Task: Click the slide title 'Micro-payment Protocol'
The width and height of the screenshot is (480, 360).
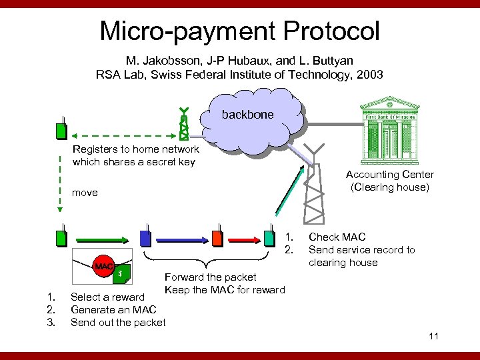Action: pos(239,31)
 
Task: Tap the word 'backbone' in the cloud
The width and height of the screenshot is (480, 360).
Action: pos(247,115)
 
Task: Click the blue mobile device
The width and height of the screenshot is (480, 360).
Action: pos(145,237)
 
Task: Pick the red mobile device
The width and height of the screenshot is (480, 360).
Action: pos(216,237)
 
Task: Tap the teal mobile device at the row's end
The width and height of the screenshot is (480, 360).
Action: pos(269,237)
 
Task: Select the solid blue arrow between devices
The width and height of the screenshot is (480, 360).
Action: pos(181,238)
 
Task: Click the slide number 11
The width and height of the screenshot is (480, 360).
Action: pos(433,336)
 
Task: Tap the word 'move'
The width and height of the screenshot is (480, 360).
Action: pos(85,193)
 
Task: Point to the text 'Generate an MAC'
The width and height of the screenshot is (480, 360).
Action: pos(113,310)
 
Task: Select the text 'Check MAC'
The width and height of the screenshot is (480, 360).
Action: pos(337,237)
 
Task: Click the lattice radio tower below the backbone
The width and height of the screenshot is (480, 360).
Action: pos(314,190)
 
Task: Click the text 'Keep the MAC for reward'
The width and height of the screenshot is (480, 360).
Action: pos(224,289)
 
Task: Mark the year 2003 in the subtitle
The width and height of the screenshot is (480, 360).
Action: pos(369,75)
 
